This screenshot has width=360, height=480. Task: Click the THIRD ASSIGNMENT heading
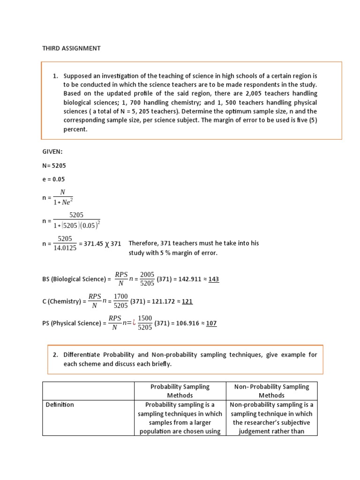pyautogui.click(x=71, y=48)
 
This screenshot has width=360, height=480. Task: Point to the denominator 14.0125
pyautogui.click(x=65, y=248)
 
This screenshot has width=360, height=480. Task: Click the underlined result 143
pyautogui.click(x=213, y=279)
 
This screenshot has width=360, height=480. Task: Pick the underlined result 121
pyautogui.click(x=187, y=301)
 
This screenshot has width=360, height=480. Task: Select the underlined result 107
pyautogui.click(x=211, y=323)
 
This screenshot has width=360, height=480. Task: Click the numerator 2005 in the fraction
pyautogui.click(x=147, y=275)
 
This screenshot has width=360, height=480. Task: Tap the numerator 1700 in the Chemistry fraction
pyautogui.click(x=121, y=297)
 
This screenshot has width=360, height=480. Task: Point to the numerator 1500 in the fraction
pyautogui.click(x=145, y=319)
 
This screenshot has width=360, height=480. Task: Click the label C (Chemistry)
pyautogui.click(x=62, y=301)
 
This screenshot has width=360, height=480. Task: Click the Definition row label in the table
pyautogui.click(x=60, y=405)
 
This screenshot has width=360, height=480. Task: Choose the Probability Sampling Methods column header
pyautogui.click(x=180, y=391)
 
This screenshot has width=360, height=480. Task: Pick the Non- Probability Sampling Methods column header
pyautogui.click(x=272, y=391)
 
